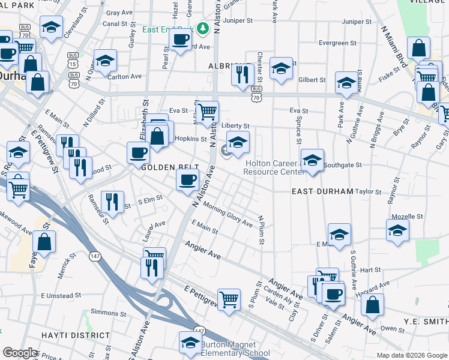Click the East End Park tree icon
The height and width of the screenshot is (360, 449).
(203, 28)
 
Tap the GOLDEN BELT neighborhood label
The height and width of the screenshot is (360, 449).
(166, 167)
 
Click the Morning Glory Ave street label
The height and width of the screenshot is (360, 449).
(228, 215)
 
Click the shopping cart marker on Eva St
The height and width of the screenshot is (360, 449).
(207, 112)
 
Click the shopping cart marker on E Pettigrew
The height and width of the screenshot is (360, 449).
(229, 299)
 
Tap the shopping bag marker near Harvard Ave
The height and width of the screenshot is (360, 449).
(373, 304)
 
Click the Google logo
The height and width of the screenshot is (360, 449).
(20, 353)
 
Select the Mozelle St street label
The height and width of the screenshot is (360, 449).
(408, 217)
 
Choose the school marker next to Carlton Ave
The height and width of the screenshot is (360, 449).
(105, 61)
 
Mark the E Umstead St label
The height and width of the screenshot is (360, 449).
(61, 296)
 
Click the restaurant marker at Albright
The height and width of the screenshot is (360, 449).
(241, 75)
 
